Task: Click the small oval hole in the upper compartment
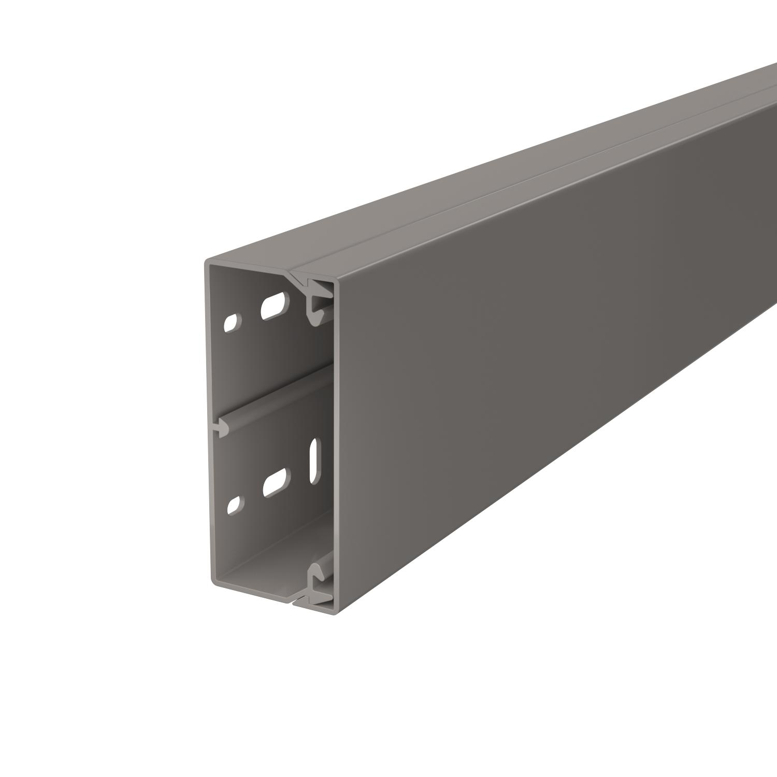click(x=232, y=322)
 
